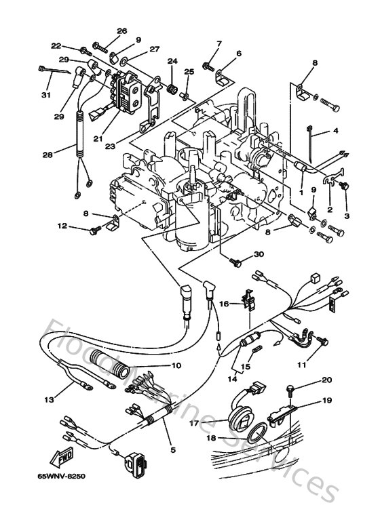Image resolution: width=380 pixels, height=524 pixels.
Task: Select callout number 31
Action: tap(46, 94)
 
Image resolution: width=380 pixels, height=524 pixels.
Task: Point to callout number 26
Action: tap(121, 31)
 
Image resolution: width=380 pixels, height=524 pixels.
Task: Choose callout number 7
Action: tap(219, 43)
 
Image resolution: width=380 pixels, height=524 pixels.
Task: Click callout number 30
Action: tap(259, 254)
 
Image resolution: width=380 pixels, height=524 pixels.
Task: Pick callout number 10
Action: tap(176, 365)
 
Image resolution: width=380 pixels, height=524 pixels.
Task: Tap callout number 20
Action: tap(326, 380)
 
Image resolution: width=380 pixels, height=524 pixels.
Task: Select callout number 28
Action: tap(47, 155)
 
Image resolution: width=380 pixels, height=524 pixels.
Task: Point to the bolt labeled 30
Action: tap(237, 261)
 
